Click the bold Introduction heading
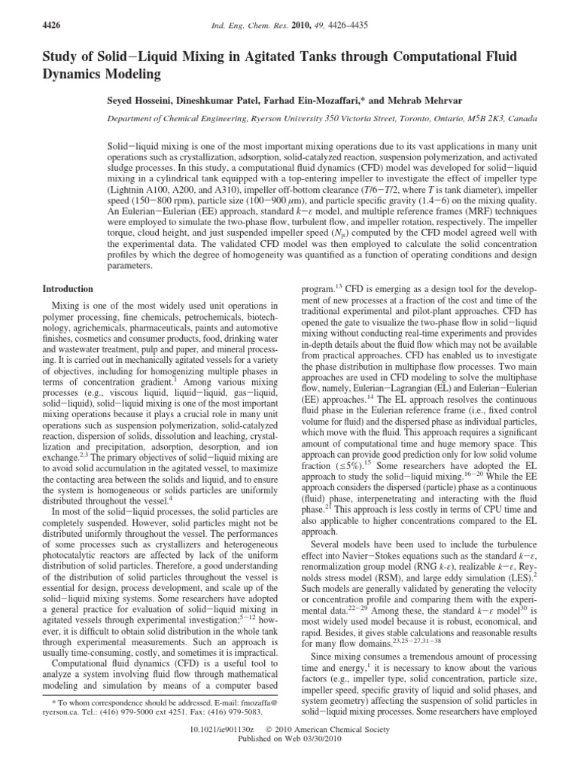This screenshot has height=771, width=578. [x=68, y=289]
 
